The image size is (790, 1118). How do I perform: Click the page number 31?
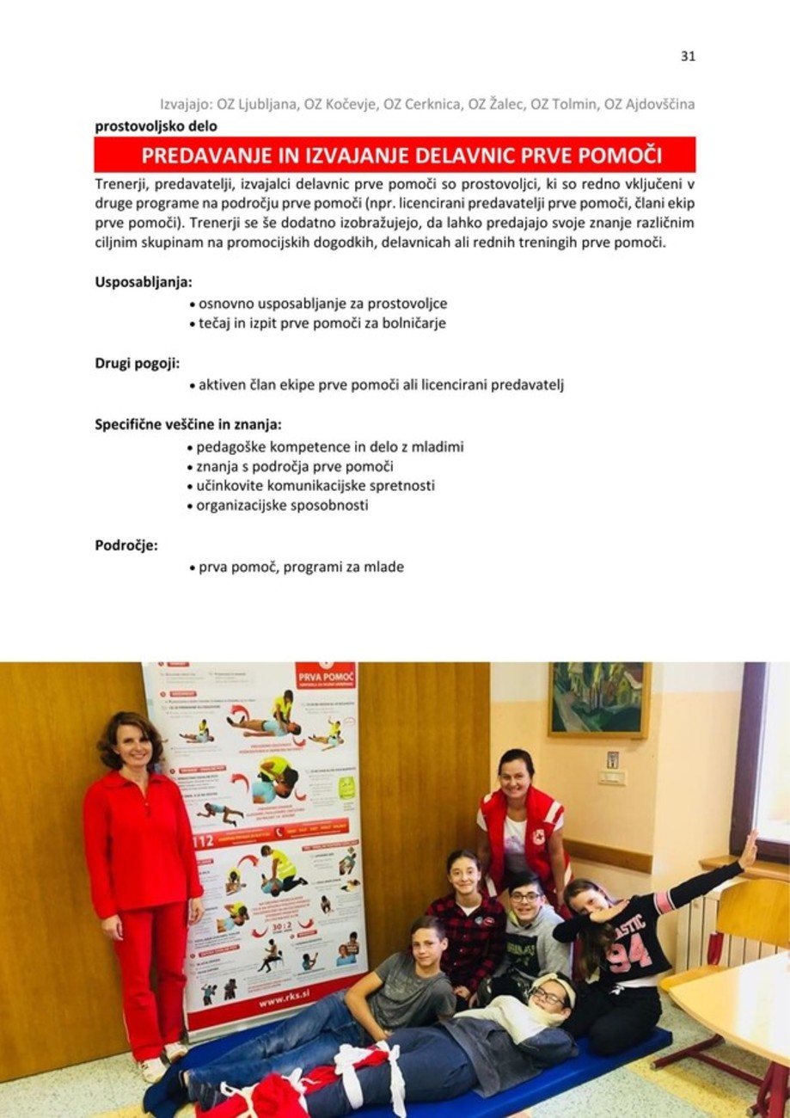tap(687, 56)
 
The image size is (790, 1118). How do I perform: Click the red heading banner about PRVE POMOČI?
tap(395, 156)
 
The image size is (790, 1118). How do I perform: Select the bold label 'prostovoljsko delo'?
tap(156, 126)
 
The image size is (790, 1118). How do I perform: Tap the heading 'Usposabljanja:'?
tap(143, 281)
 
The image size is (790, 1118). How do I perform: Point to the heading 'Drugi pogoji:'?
tap(137, 362)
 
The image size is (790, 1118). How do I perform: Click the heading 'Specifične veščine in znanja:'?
tap(187, 424)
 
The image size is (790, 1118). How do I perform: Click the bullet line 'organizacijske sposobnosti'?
tap(281, 505)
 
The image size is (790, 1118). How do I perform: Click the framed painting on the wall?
tap(598, 698)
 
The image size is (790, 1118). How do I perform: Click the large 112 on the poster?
tap(203, 840)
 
